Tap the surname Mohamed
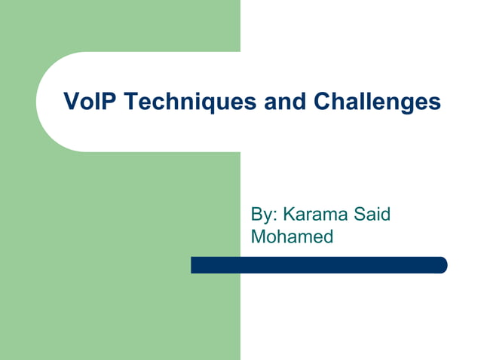pos(292,236)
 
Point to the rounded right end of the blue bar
pos(443,265)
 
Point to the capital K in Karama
pos(287,215)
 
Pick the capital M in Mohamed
pos(258,236)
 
